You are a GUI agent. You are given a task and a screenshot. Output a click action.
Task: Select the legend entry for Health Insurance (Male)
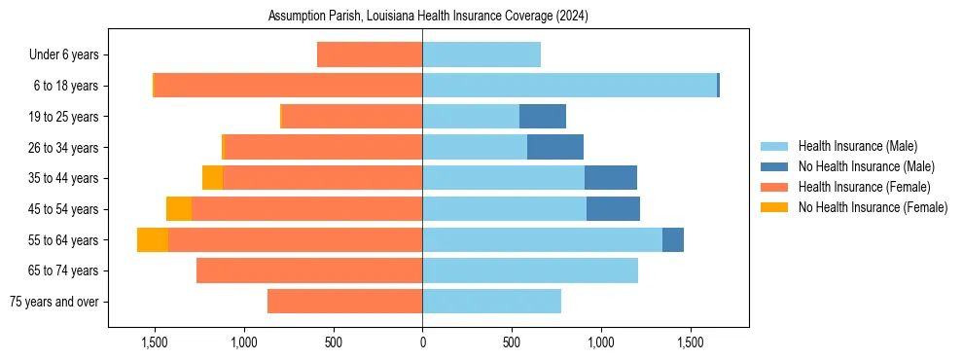857,146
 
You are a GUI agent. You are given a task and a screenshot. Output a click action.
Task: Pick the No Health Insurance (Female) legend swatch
775,207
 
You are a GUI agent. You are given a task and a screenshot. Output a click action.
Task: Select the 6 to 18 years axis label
64,86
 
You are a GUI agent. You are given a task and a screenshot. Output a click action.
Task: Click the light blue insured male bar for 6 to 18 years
569,86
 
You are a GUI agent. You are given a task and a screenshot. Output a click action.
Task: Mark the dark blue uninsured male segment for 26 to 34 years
555,147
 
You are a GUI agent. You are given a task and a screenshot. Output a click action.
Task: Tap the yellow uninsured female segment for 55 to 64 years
153,239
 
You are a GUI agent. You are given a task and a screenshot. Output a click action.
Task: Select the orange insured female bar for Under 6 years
370,55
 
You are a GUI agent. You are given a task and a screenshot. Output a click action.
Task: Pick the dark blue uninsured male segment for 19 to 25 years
543,117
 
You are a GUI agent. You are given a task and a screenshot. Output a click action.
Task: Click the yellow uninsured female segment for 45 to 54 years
179,209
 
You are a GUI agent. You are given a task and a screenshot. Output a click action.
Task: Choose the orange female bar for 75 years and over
344,302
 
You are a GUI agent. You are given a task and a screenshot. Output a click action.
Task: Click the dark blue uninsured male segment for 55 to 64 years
673,239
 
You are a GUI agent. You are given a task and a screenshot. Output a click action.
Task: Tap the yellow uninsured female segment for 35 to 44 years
212,178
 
